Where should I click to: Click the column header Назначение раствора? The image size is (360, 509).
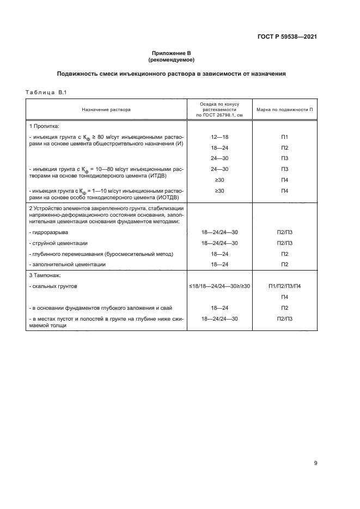pos(106,109)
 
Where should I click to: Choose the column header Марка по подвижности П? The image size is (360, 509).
pos(284,109)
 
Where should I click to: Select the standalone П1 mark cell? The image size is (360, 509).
pos(284,137)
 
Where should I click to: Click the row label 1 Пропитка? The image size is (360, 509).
pos(44,126)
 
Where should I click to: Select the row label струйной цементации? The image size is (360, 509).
pos(59,243)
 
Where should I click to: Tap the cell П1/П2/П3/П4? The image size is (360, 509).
pos(284,286)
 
